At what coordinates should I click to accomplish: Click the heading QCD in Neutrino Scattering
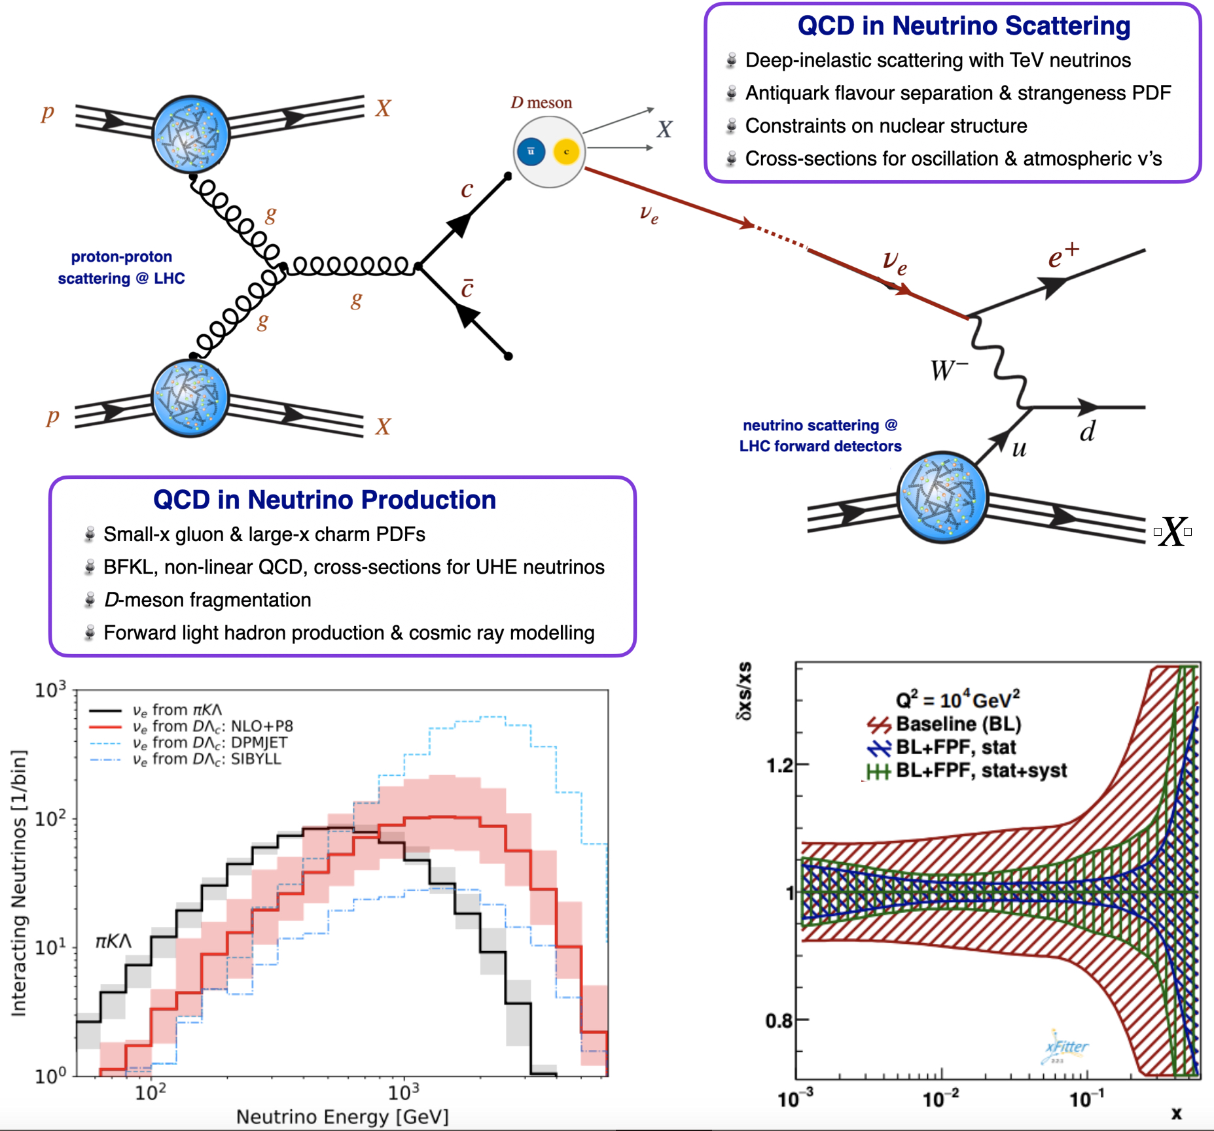pos(963,26)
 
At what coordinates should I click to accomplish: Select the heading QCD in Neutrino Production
pos(325,500)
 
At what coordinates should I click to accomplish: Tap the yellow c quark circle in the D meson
pos(566,152)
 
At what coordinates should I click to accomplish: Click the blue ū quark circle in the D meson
pos(531,152)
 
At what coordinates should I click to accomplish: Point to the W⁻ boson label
pos(949,370)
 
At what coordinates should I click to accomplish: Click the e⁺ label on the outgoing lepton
pos(1063,256)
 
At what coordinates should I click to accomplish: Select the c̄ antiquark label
pos(467,288)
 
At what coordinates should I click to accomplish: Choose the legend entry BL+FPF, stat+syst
pos(980,771)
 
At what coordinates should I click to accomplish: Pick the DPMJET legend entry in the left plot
pos(209,742)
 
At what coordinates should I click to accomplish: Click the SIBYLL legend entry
pos(207,759)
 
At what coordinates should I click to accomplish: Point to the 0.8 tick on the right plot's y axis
pos(779,1020)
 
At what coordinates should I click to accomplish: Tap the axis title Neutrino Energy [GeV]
pos(342,1117)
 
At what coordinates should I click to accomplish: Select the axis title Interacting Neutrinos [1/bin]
pos(19,883)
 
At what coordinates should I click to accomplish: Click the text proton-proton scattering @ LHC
pos(122,268)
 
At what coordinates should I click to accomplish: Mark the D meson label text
pos(541,103)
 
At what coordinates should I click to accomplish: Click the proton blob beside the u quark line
pos(942,497)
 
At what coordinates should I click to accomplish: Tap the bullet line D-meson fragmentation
pos(207,600)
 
